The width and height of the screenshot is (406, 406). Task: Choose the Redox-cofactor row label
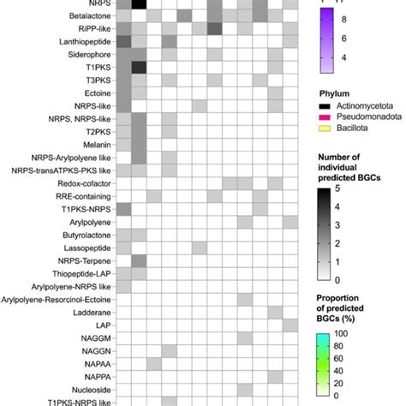(82, 183)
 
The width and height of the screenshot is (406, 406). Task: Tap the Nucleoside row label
(88, 388)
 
